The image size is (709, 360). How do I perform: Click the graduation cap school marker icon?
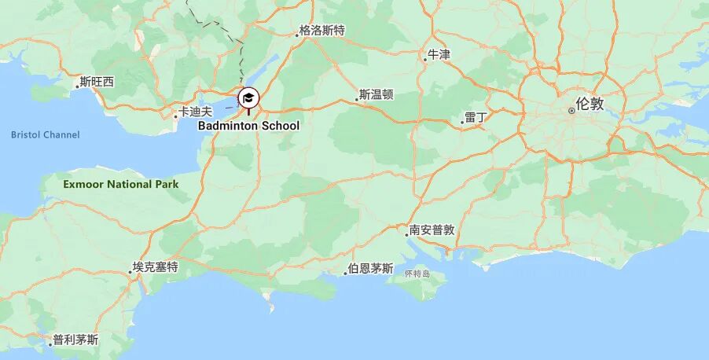coord(248,98)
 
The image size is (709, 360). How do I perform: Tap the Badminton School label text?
coord(248,126)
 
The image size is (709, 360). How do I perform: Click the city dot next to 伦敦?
coord(571,110)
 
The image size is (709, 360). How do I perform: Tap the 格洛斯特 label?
coord(321,31)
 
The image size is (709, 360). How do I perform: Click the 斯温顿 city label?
coord(376,95)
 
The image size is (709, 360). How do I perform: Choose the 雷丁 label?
coord(476,117)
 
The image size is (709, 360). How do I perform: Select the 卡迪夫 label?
coord(196,112)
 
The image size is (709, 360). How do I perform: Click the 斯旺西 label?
coord(97,82)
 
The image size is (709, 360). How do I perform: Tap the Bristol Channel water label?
coord(45,135)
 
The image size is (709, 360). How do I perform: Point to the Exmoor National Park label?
coord(120,185)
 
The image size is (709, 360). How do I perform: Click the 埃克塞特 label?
coord(155,267)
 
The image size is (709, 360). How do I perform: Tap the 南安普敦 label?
coord(432,230)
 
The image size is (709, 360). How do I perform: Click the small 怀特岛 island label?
coord(417,274)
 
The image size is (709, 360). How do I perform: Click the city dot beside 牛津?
coord(425,59)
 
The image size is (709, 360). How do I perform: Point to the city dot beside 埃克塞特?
coord(130,272)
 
